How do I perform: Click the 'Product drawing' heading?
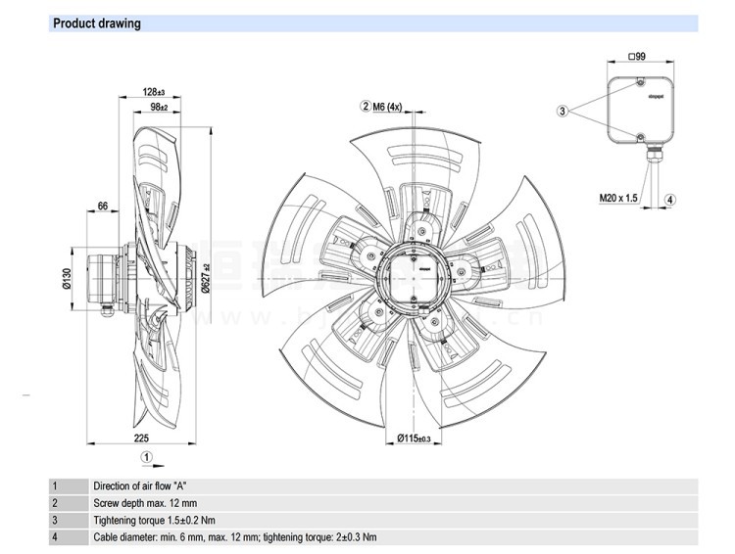point(96,23)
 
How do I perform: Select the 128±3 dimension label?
point(152,91)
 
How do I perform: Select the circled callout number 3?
point(563,112)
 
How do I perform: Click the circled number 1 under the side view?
point(146,456)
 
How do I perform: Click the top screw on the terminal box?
point(639,82)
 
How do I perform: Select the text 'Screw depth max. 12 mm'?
point(148,502)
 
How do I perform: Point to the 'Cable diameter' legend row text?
point(234,537)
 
